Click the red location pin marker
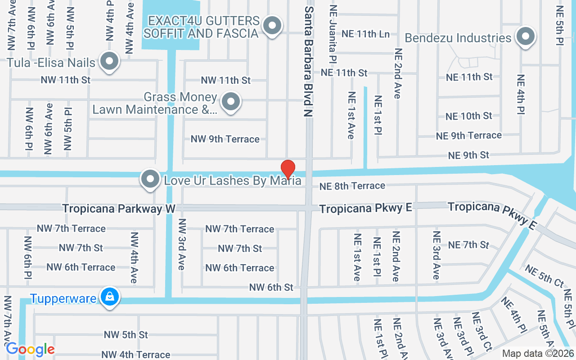pyautogui.click(x=288, y=170)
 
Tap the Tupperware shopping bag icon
pyautogui.click(x=109, y=297)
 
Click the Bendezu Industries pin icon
pyautogui.click(x=525, y=36)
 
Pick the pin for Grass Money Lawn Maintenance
pyautogui.click(x=231, y=102)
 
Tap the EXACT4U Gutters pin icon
pyautogui.click(x=272, y=26)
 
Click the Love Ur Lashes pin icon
pyautogui.click(x=150, y=180)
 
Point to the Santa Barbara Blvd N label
pyautogui.click(x=308, y=62)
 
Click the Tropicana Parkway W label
pyautogui.click(x=119, y=208)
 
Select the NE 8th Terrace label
pyautogui.click(x=352, y=186)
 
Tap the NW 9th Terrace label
pyautogui.click(x=225, y=139)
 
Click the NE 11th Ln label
pyautogui.click(x=365, y=34)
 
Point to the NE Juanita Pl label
pyautogui.click(x=333, y=34)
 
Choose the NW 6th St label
pyautogui.click(x=271, y=287)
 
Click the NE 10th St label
pyautogui.click(x=469, y=116)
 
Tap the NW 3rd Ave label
pyautogui.click(x=182, y=244)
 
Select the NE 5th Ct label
pyautogui.click(x=544, y=276)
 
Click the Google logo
pyautogui.click(x=30, y=349)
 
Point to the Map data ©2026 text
pyautogui.click(x=537, y=354)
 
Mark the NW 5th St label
pyautogui.click(x=126, y=335)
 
